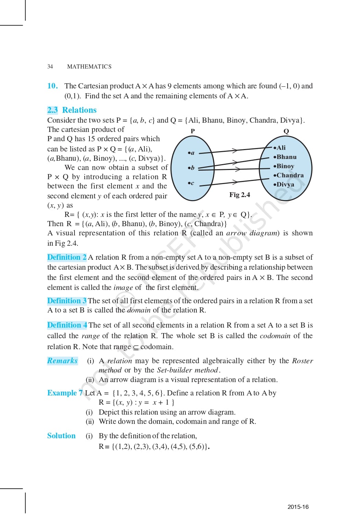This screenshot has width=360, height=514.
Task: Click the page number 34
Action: click(x=50, y=66)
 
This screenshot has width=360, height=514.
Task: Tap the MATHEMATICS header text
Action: click(x=89, y=66)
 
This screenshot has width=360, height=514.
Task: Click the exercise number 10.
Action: click(x=52, y=86)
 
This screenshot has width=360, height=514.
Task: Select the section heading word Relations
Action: click(x=79, y=110)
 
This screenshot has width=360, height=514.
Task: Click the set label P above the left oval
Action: click(x=193, y=131)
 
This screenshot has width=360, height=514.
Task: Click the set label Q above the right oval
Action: click(x=286, y=131)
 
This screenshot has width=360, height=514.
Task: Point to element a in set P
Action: click(x=191, y=153)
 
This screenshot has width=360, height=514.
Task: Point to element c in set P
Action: click(x=191, y=183)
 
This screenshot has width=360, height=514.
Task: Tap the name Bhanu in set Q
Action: click(x=285, y=157)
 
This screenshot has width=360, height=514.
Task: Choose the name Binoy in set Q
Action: click(x=284, y=166)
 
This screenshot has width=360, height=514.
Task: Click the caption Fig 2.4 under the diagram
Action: click(x=240, y=195)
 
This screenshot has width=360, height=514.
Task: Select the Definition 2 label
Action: click(x=67, y=257)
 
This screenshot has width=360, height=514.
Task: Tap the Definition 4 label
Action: click(x=67, y=325)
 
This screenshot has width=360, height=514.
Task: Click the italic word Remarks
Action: click(x=62, y=361)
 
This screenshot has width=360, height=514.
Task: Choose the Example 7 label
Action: click(x=65, y=393)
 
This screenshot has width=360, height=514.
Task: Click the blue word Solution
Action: click(x=61, y=436)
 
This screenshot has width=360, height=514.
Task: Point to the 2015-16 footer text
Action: click(x=298, y=507)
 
